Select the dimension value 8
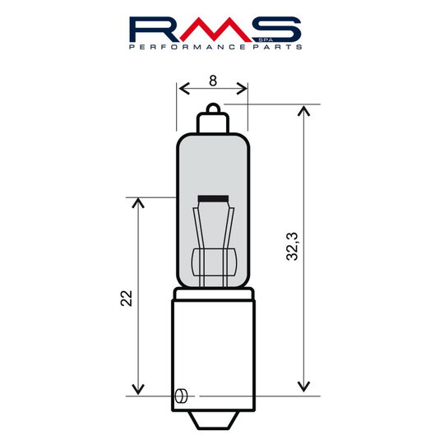click(213, 81)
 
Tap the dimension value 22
click(126, 298)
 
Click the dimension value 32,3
click(292, 247)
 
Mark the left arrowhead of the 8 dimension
click(183, 87)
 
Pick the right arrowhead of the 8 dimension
click(243, 87)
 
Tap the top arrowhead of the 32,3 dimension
click(304, 110)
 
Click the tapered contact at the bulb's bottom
click(213, 419)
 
